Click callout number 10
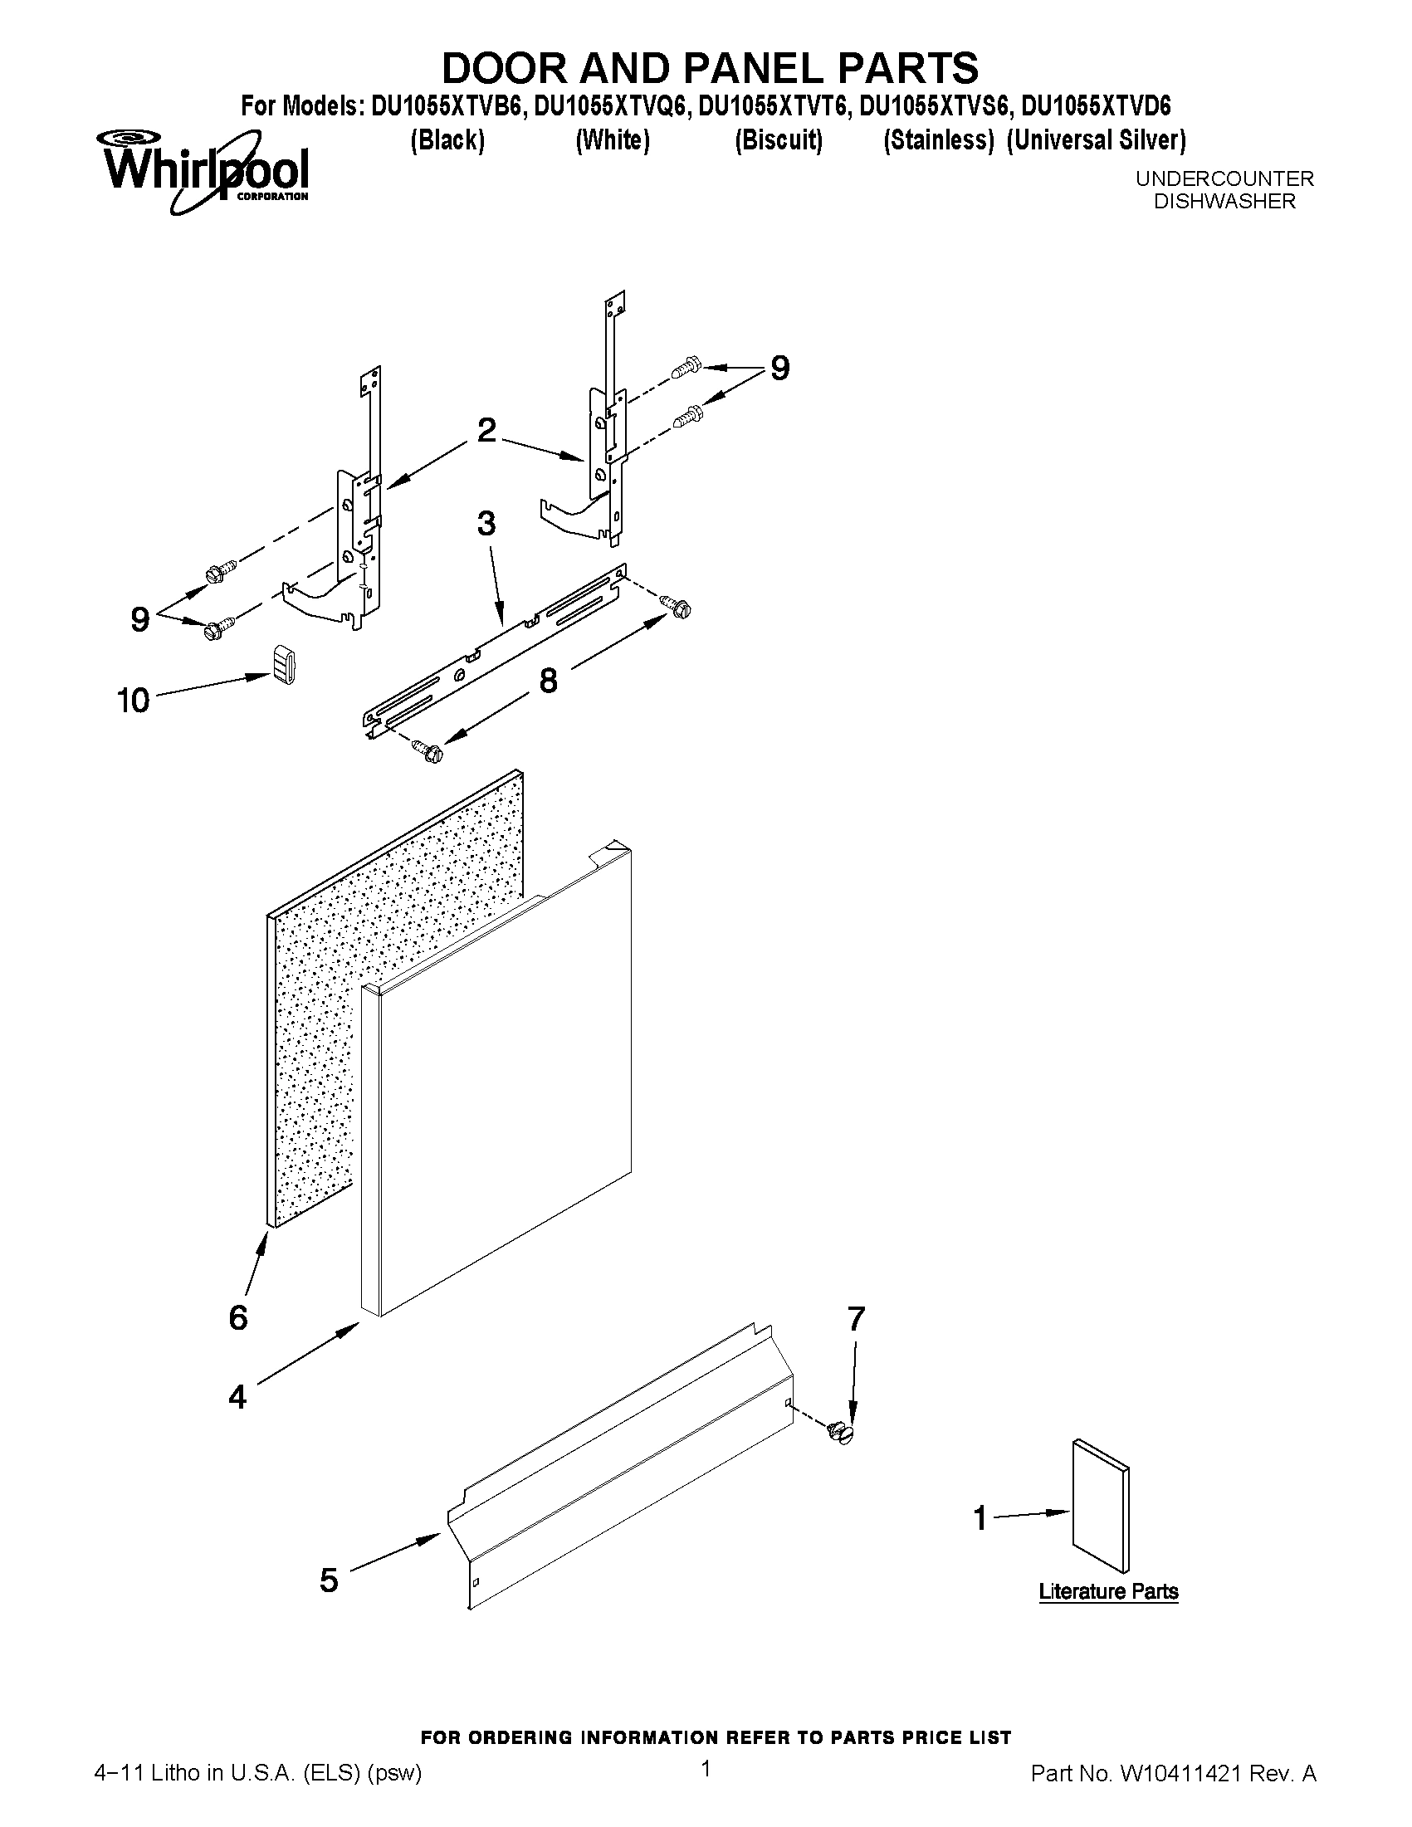[x=133, y=701]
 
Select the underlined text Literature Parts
[x=1108, y=1591]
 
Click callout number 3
[x=486, y=525]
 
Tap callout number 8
[x=548, y=681]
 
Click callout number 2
[x=486, y=431]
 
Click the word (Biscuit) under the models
[x=778, y=139]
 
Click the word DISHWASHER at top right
[x=1224, y=202]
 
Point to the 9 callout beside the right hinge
[x=779, y=368]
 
